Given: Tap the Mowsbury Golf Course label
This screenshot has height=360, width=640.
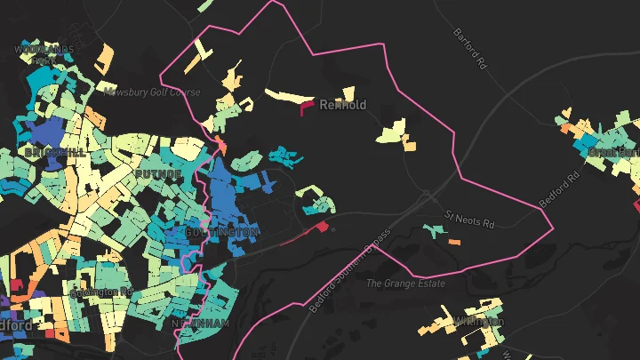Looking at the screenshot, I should [x=151, y=92].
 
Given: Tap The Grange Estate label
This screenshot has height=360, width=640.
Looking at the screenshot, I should [x=405, y=284].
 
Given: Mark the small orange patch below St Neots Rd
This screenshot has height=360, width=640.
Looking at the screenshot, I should [x=454, y=242].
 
